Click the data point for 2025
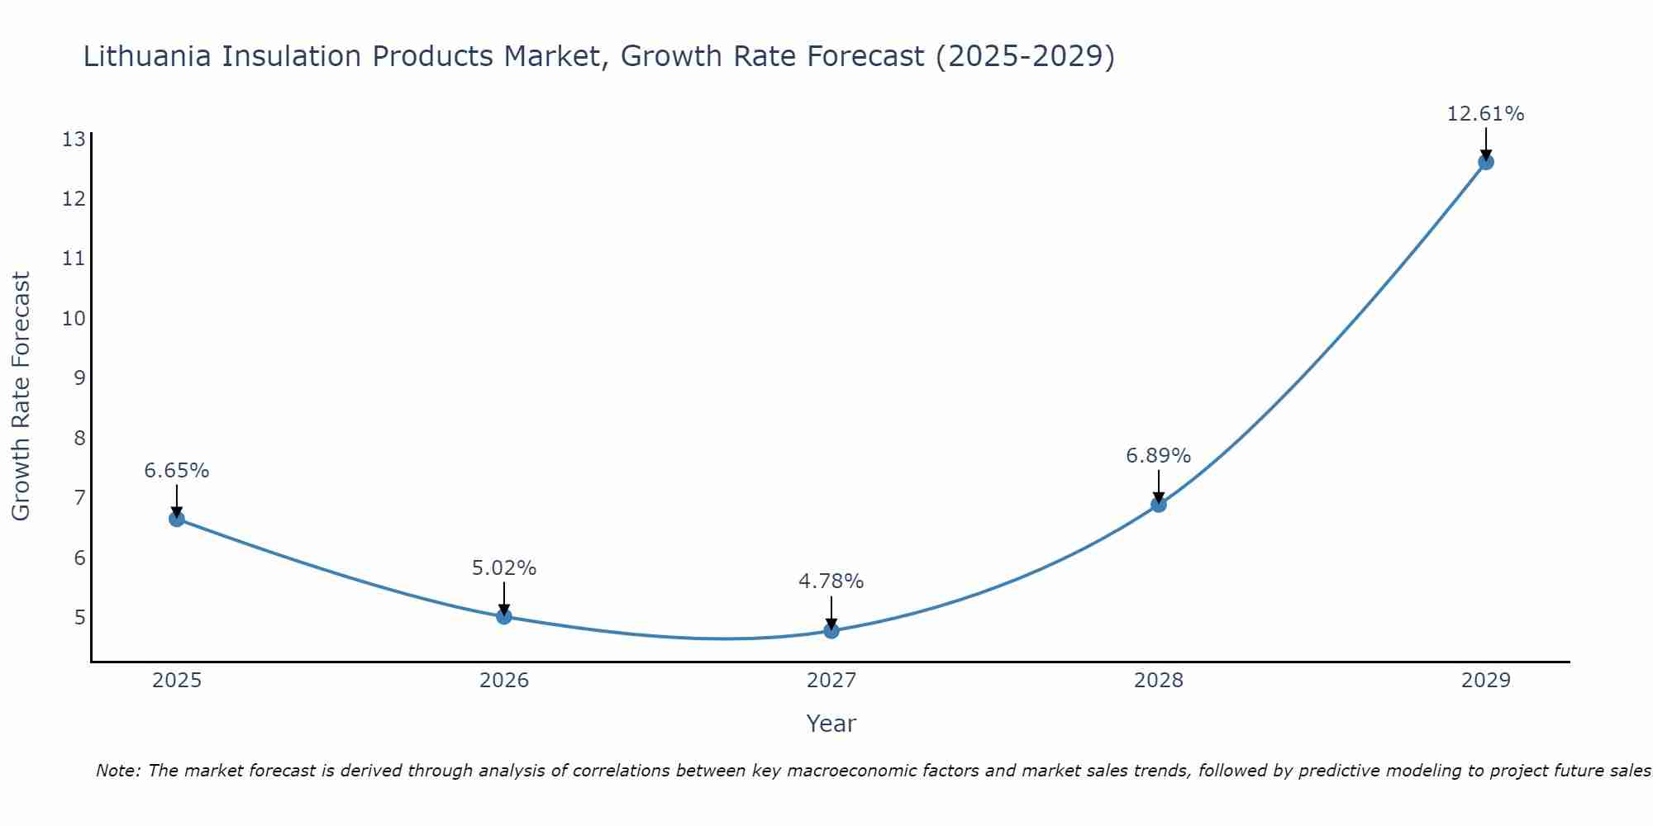coord(177,519)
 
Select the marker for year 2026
coord(504,616)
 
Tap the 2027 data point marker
coord(831,631)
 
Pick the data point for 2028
coord(1159,505)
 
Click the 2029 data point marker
coord(1486,162)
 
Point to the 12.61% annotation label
coord(1485,114)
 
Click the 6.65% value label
coord(177,471)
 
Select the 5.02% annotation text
coord(504,568)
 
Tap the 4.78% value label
coord(831,582)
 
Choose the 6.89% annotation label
coord(1159,456)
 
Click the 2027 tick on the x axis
coord(831,681)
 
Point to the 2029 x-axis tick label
coord(1486,681)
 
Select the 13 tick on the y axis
coord(74,139)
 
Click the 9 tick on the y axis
coord(79,378)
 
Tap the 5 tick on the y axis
coord(79,618)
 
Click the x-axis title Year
coord(831,724)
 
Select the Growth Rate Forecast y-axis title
coord(21,396)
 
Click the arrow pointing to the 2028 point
coord(1159,486)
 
